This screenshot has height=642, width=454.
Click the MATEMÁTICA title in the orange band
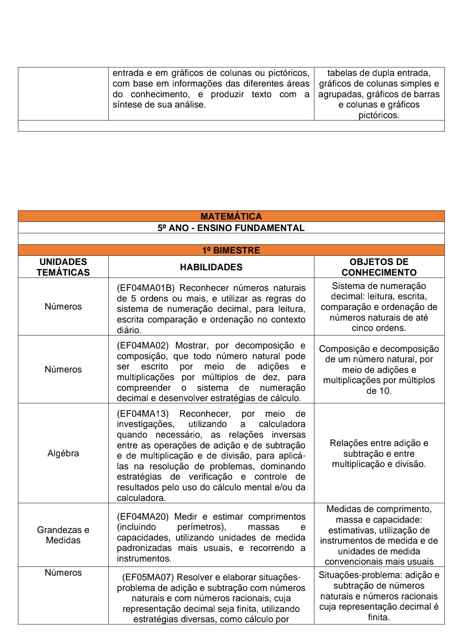tap(231, 217)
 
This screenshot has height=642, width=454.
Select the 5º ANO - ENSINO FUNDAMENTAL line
tap(231, 228)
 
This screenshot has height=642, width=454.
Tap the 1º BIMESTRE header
tap(231, 250)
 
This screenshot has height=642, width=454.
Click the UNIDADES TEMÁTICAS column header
tap(63, 267)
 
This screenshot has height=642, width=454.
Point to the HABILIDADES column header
tap(211, 267)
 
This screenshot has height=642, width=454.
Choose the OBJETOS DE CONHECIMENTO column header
tap(379, 267)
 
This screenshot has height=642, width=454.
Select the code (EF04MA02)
tap(142, 346)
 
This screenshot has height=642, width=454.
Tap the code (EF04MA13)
tap(142, 414)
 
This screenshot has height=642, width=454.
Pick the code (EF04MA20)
tap(142, 517)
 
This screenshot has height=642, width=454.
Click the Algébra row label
tap(63, 453)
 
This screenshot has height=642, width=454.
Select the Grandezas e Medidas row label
tap(63, 535)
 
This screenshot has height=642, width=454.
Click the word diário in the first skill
tap(129, 331)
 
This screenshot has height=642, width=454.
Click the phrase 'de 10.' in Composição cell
tap(379, 391)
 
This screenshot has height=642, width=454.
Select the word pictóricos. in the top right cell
tap(379, 116)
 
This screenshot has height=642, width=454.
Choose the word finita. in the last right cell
tap(379, 618)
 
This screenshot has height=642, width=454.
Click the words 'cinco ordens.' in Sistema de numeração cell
tap(379, 328)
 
